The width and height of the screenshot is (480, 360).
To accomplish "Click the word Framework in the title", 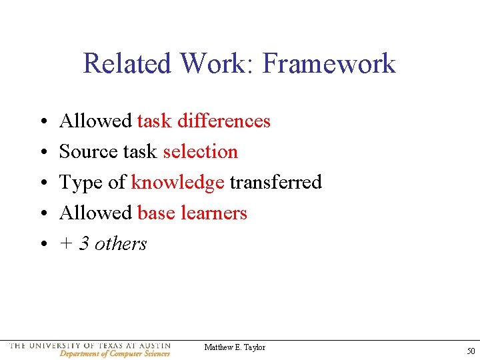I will click(329, 64).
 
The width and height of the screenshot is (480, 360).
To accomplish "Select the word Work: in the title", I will click(215, 64).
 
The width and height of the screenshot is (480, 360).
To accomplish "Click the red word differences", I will click(224, 121).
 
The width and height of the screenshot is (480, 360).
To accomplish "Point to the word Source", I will click(83, 151).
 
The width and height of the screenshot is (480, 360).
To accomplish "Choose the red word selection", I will click(200, 151).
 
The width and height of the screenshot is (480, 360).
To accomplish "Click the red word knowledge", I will click(177, 183).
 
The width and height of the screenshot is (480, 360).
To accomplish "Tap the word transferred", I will click(275, 182).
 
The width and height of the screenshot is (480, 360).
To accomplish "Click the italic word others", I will click(121, 243).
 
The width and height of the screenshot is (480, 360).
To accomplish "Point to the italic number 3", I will click(84, 243).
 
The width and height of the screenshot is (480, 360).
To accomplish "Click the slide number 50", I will click(471, 351).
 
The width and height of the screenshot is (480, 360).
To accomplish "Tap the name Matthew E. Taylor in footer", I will click(235, 347).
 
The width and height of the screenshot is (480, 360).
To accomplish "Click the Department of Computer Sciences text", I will click(114, 354).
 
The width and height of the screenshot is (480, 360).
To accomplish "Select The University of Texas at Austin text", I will click(90, 346).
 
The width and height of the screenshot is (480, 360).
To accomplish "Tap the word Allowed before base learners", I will click(96, 213).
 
